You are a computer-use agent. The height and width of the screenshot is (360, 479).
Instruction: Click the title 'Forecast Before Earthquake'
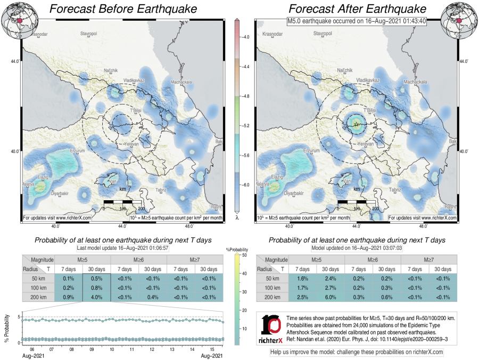coord(123,9)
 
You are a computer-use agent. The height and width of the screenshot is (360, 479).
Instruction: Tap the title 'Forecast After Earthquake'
coord(357,9)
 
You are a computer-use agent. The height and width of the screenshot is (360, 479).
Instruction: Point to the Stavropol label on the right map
coord(323,34)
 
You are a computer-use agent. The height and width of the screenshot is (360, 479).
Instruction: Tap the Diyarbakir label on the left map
coord(61,193)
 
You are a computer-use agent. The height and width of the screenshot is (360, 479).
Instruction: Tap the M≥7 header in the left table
coord(194,259)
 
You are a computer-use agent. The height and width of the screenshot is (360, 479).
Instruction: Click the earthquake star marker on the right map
coord(356,124)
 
